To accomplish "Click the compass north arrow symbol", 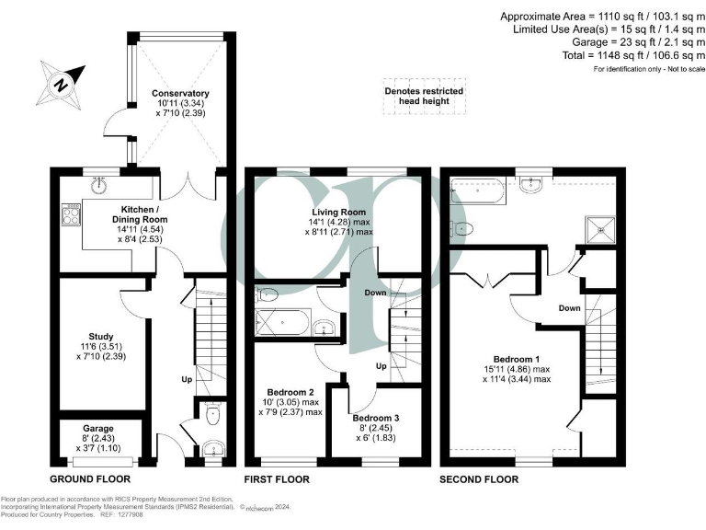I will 62,83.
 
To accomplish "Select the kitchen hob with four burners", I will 69,217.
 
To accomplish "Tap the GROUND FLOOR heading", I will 89,479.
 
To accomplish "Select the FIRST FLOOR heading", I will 276,479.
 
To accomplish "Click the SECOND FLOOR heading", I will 479,479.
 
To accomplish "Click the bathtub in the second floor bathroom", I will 478,193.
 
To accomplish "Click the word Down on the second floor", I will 569,308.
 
